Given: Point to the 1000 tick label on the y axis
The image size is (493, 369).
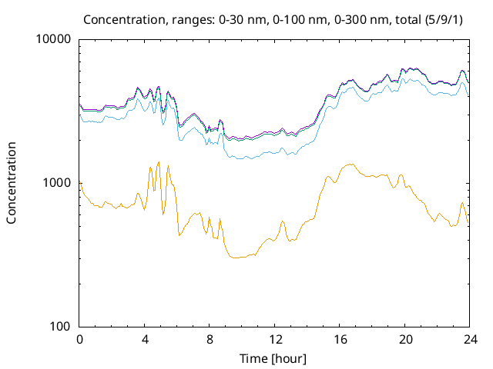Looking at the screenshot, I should (x=59, y=183).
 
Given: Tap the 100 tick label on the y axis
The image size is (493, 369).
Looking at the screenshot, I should (x=62, y=326).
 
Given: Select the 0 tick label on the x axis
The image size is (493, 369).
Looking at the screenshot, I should (x=79, y=340).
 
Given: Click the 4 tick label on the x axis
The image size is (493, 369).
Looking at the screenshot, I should (x=145, y=340).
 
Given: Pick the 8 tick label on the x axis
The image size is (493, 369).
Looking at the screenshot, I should (x=210, y=340).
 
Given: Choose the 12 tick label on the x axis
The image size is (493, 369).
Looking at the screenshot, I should (x=274, y=340).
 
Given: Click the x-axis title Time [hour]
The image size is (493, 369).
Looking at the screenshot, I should (x=274, y=358).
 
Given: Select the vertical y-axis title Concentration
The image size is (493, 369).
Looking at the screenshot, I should (x=12, y=183).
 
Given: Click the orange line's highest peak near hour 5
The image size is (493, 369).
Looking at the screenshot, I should (x=159, y=162).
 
